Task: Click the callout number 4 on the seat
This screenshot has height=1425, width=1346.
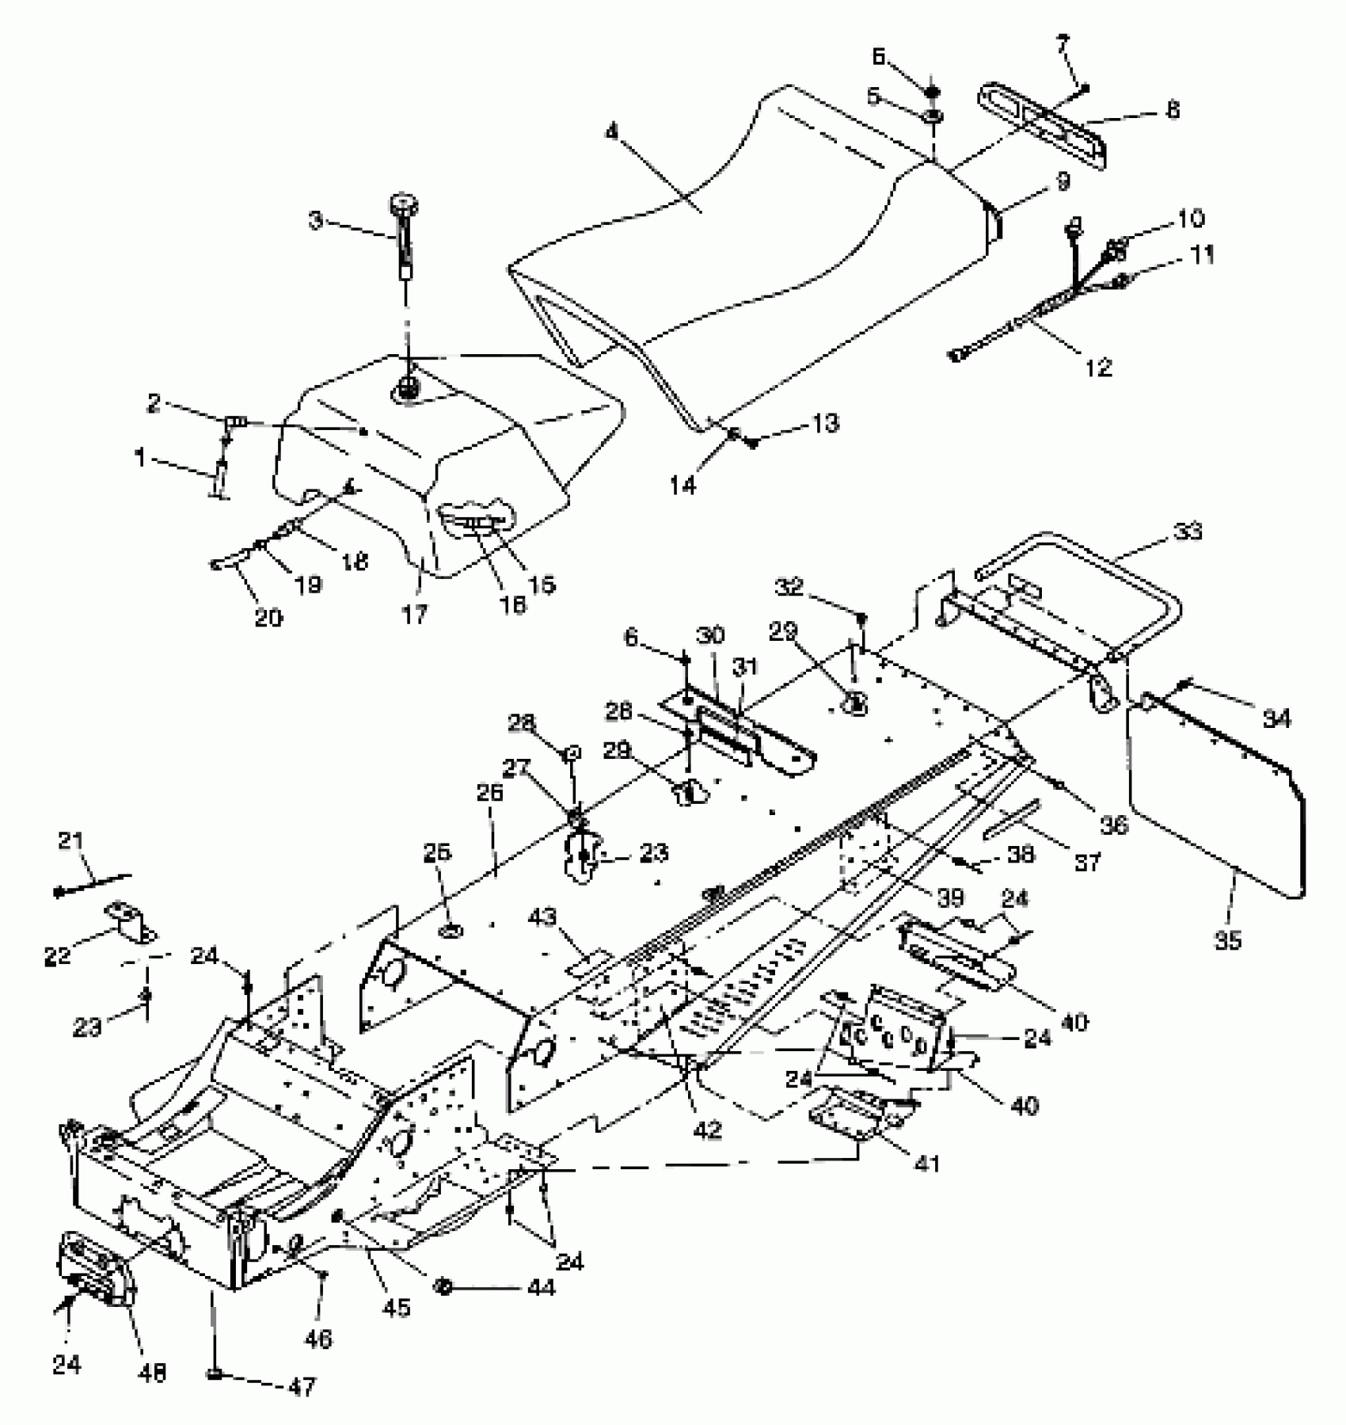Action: (611, 131)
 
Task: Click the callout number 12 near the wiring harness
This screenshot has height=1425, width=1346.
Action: (1100, 367)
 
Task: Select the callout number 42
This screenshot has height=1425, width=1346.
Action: (707, 1129)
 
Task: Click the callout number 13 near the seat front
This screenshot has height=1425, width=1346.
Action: (825, 423)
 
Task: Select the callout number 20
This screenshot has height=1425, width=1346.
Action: (268, 616)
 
